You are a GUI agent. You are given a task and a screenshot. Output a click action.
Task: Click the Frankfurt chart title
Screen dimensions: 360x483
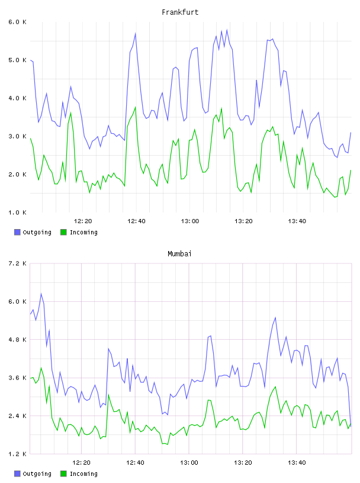pos(180,12)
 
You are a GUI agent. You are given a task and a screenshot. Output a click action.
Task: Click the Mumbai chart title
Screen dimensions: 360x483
pos(179,254)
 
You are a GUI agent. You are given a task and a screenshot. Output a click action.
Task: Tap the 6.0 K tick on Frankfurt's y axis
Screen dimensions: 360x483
pos(18,22)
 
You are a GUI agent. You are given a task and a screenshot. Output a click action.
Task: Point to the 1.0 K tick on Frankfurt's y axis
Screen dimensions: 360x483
pos(18,212)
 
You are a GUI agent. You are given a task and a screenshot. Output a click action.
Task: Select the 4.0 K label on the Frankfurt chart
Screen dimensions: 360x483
pos(18,98)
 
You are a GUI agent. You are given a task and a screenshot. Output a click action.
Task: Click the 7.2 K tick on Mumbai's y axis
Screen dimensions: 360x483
pos(18,263)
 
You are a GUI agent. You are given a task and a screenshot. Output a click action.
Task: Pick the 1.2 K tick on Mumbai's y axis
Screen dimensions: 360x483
pos(18,454)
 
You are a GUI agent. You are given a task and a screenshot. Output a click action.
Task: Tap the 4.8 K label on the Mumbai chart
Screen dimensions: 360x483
pos(18,340)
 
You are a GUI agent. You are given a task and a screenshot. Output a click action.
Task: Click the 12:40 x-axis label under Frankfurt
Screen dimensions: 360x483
pos(136,221)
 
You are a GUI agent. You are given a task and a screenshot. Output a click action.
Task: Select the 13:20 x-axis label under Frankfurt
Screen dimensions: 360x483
pos(243,221)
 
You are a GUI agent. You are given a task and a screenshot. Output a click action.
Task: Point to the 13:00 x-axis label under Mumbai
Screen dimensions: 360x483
pos(189,463)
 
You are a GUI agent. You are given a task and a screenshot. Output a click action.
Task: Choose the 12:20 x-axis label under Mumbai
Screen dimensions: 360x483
pos(81,463)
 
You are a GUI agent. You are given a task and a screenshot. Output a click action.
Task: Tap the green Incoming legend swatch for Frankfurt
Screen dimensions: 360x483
pos(63,232)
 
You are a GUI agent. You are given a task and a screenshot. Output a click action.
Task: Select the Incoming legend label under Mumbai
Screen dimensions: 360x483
pos(83,474)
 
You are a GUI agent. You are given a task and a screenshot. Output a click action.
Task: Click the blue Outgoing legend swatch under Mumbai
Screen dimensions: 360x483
pos(17,474)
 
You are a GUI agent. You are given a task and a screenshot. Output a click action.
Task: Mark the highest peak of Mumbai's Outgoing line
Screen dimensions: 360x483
pos(41,294)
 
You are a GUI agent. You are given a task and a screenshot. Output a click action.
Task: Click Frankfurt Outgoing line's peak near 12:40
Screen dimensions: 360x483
pos(136,33)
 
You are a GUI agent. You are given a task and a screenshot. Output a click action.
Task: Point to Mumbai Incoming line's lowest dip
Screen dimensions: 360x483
pos(168,444)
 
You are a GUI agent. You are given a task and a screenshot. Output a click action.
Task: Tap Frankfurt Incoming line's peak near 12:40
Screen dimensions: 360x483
pos(136,107)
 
